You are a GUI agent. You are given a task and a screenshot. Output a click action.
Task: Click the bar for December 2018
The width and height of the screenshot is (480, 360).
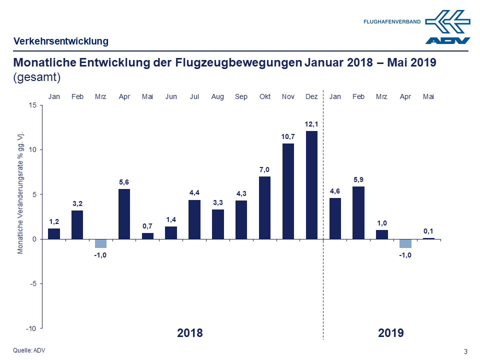311,185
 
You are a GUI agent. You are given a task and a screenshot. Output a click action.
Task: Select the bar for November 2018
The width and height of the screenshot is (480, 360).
288,191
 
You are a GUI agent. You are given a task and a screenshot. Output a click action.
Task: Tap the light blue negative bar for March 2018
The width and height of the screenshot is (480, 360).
100,243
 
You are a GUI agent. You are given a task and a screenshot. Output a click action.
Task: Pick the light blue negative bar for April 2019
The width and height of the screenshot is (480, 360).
405,243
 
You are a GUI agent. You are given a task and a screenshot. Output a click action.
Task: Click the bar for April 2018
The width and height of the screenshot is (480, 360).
124,213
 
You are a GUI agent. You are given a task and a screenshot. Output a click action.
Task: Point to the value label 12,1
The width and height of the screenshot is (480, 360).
311,123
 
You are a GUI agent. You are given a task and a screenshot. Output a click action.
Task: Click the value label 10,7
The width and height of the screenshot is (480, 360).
288,136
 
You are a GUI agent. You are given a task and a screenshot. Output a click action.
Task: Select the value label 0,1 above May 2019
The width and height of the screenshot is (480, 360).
428,230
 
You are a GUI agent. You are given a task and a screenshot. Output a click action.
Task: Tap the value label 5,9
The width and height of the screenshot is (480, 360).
358,179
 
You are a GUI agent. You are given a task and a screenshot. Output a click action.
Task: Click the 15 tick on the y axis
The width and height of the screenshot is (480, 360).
32,105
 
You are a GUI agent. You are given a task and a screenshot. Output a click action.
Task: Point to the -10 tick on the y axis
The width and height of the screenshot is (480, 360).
31,328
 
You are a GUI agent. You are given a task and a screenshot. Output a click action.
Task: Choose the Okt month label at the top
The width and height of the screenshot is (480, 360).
264,96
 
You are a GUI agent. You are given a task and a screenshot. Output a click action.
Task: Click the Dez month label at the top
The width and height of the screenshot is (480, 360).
311,96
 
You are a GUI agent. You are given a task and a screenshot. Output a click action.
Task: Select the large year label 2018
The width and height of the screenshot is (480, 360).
190,333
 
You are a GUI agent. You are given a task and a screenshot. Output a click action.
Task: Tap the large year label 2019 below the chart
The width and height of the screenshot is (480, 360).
391,333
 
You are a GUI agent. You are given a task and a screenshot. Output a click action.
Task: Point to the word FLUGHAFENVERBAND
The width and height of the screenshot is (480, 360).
392,22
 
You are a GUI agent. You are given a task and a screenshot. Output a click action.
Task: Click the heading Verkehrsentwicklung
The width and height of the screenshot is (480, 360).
61,41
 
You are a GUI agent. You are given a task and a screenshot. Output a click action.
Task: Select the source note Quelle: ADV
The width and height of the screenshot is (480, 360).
28,350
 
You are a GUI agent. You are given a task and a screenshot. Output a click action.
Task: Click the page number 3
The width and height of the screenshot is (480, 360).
466,351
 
